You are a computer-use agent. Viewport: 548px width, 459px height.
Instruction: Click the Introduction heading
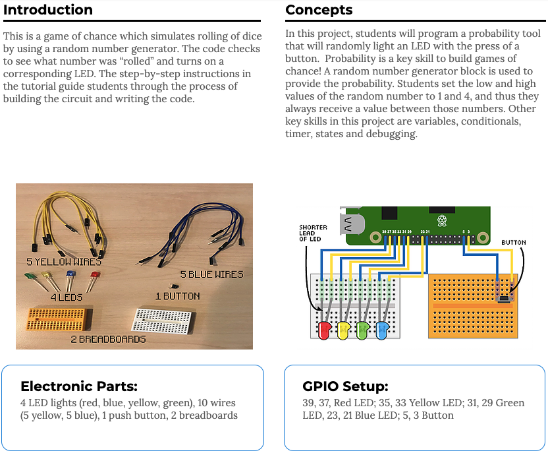point(48,10)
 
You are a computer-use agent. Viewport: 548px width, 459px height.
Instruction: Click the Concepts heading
point(319,10)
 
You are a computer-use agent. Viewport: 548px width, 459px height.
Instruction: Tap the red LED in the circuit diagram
point(324,330)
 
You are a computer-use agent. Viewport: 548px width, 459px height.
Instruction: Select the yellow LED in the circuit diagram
point(344,330)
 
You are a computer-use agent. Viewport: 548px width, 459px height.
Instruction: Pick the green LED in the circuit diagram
point(363,330)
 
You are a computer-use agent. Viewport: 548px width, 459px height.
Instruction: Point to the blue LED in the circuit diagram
point(382,330)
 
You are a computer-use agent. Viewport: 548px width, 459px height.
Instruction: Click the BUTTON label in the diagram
point(513,243)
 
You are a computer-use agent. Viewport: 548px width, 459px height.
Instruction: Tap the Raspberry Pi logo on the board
point(442,220)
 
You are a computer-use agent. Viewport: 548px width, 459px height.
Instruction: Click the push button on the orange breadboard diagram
point(505,299)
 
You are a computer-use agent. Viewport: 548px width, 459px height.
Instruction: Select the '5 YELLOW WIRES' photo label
point(64,262)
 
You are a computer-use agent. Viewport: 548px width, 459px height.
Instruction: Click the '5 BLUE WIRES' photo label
point(211,274)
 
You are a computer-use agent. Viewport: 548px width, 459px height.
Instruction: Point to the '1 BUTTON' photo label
point(178,296)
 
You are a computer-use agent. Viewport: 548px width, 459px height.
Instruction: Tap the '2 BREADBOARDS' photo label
point(108,339)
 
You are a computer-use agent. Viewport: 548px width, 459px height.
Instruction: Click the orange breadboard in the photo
point(59,319)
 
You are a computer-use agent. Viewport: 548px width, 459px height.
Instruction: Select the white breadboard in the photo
point(163,321)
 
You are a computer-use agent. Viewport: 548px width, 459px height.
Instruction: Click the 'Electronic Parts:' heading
point(79,386)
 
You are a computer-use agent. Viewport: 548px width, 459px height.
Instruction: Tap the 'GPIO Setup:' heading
point(345,386)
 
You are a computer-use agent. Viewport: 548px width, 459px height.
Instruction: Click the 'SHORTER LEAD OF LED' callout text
point(313,233)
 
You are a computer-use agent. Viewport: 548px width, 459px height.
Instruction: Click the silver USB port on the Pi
point(351,224)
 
